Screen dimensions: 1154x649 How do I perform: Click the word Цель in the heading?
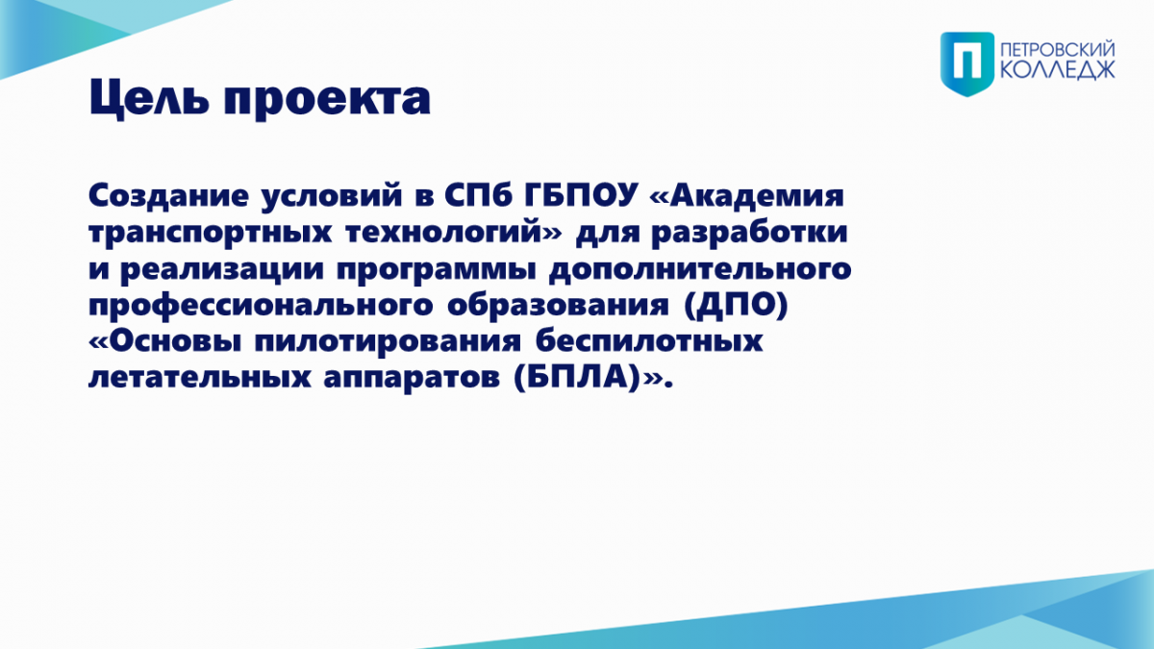tap(149, 99)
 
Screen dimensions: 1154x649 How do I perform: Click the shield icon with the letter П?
tap(967, 63)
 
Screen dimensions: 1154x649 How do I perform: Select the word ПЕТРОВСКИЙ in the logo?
tap(1058, 50)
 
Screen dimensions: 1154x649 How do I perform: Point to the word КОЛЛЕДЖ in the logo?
tap(1058, 70)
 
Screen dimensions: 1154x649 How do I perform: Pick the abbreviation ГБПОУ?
tap(582, 196)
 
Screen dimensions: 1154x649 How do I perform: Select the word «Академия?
tap(747, 196)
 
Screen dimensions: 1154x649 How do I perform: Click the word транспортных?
tap(211, 234)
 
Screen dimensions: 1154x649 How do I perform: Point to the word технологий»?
tap(454, 233)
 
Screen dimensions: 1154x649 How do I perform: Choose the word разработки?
tap(749, 233)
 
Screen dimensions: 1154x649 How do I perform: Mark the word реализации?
tap(221, 270)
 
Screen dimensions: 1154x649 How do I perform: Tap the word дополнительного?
tap(700, 269)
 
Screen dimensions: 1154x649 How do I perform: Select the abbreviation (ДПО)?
tap(737, 306)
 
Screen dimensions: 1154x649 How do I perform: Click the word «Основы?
tap(164, 341)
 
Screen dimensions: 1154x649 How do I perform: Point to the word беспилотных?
tap(648, 340)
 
